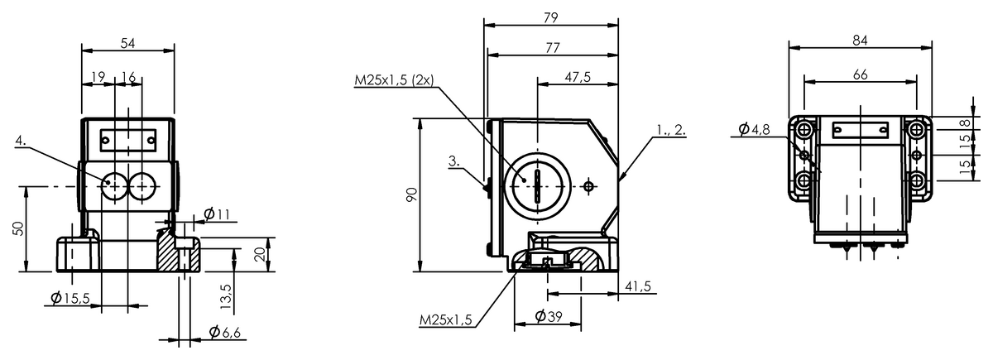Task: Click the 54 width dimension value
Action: point(127,43)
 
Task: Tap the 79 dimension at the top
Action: point(550,17)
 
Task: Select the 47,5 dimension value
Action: point(578,77)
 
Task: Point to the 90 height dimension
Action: point(412,194)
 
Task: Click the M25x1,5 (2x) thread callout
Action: point(394,79)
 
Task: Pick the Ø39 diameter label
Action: point(549,316)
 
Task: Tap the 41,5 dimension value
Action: point(638,286)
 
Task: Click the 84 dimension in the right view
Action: point(860,41)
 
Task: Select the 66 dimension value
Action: point(860,75)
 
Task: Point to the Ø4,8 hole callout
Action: point(754,129)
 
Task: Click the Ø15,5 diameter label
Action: point(70,299)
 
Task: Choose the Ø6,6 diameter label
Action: point(225,332)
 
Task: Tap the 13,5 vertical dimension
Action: point(226,296)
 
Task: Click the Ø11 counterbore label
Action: point(217,214)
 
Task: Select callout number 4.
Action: point(21,141)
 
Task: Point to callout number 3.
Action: point(454,161)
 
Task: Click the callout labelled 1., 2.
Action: point(671,130)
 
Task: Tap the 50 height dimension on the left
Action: point(19,228)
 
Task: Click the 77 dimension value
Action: point(553,47)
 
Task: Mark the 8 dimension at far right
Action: point(965,122)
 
